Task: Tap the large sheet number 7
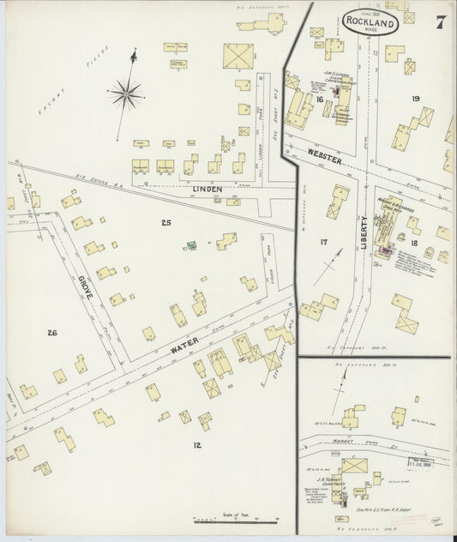[x=439, y=22]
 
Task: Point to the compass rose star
[x=127, y=92]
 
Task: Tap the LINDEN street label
[x=207, y=189]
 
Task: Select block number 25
[x=165, y=223]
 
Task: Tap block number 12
[x=197, y=444]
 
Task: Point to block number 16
[x=319, y=100]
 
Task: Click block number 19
[x=415, y=99]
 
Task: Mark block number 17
[x=323, y=243]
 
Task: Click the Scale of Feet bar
[x=233, y=519]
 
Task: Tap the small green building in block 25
[x=192, y=245]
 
